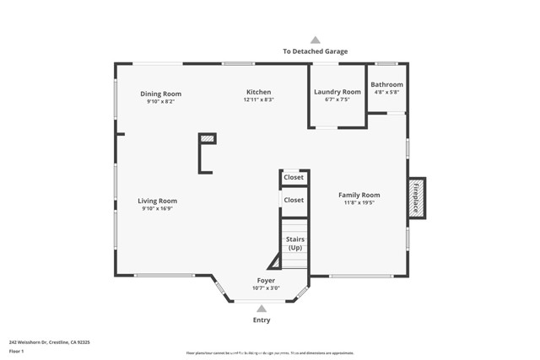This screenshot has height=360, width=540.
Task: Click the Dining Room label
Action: point(160,94)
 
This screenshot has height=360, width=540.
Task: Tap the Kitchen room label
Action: point(258,92)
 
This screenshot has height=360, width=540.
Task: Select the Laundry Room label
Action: point(337,92)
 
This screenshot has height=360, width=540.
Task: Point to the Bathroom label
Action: point(386,84)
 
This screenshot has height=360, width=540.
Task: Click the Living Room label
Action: point(158,201)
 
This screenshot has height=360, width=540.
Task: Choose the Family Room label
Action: point(359,195)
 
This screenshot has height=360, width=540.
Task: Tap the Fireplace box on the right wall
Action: point(416,198)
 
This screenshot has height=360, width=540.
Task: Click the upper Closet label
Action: point(294,178)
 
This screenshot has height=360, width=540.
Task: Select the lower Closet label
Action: point(294,200)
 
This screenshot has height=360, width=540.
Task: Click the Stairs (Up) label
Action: point(295,244)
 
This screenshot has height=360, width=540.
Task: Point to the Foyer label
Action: point(266,281)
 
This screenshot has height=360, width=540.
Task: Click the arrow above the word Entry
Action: point(262,309)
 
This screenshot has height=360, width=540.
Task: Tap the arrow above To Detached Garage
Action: point(315,40)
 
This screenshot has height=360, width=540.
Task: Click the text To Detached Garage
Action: point(315,51)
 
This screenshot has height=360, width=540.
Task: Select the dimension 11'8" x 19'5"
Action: point(359,202)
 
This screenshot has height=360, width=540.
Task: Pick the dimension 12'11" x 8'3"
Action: point(258,99)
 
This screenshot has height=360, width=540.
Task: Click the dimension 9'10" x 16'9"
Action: point(158,208)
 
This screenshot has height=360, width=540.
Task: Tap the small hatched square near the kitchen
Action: point(207,139)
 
